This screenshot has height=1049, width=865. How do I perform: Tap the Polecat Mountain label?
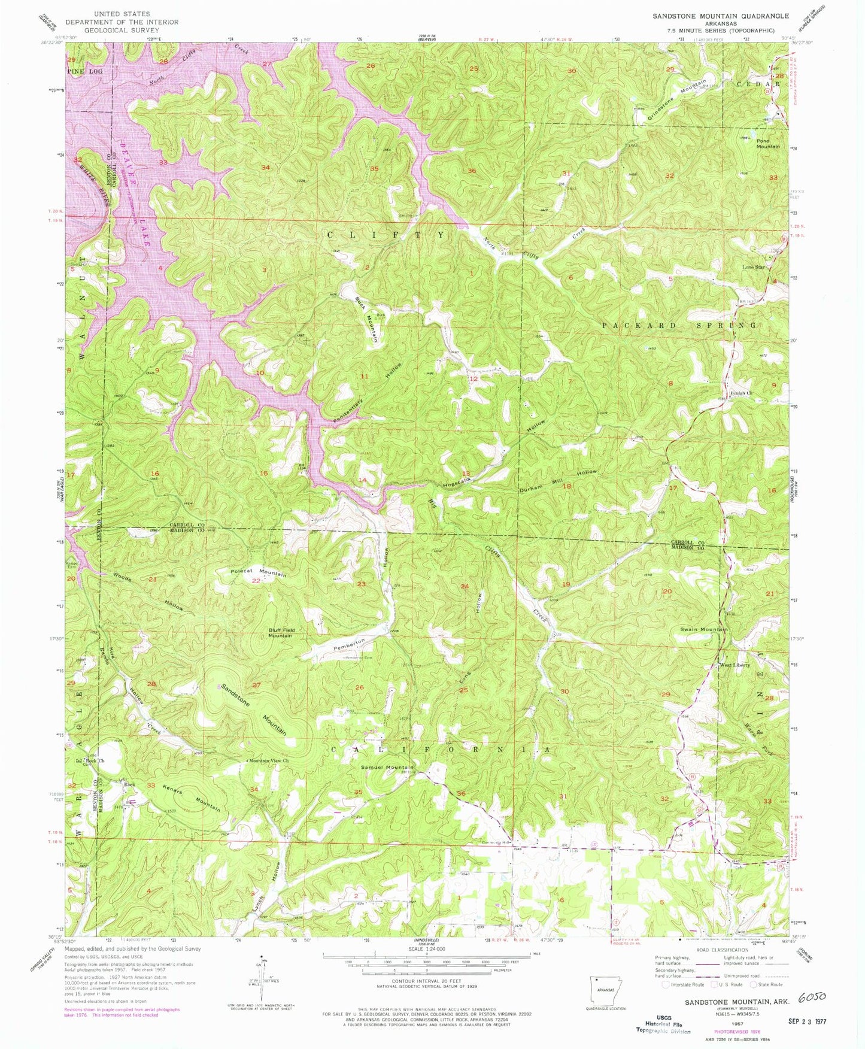258,572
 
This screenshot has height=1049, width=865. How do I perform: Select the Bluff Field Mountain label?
280,632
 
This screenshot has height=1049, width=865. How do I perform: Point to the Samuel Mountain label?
386,767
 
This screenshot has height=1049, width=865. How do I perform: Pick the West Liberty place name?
735,665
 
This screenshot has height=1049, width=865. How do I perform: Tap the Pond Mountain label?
768,143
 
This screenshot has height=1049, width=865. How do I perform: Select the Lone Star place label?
754,267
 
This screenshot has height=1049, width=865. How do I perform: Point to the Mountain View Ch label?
269,760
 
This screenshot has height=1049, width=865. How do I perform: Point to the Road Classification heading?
721,950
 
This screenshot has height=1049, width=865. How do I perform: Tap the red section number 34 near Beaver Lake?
265,167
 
